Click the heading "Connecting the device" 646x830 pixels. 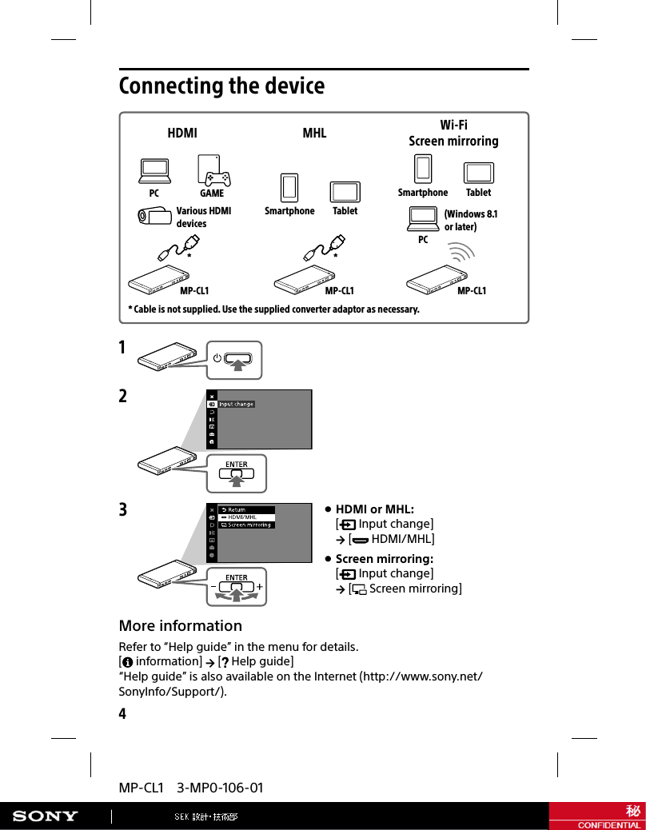pyautogui.click(x=221, y=86)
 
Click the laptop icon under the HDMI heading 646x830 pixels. pyautogui.click(x=154, y=170)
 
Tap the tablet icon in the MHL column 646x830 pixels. pyautogui.click(x=345, y=192)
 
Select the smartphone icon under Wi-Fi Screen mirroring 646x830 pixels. pyautogui.click(x=423, y=169)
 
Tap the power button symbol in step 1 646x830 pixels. pyautogui.click(x=217, y=357)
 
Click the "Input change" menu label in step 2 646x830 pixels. pyautogui.click(x=237, y=404)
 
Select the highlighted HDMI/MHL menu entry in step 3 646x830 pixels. pyautogui.click(x=246, y=517)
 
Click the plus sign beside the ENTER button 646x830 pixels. pyautogui.click(x=260, y=586)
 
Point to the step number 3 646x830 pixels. pyautogui.click(x=123, y=510)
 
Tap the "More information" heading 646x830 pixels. pyautogui.click(x=180, y=625)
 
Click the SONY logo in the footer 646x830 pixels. pyautogui.click(x=45, y=816)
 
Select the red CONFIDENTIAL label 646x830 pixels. pyautogui.click(x=609, y=824)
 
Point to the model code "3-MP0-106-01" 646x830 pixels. pyautogui.click(x=220, y=788)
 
